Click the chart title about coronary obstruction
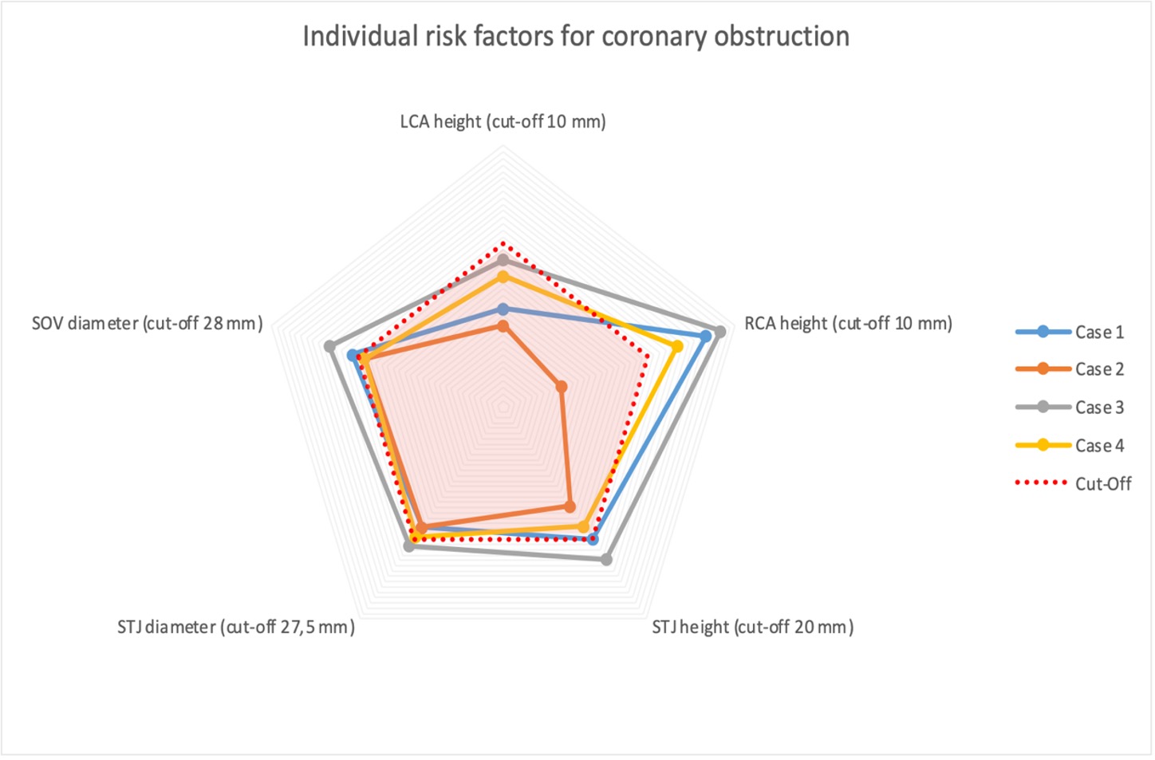click(x=575, y=37)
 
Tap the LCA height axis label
click(x=503, y=122)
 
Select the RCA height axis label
click(x=848, y=324)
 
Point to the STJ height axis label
click(x=752, y=627)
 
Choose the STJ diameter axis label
click(x=236, y=627)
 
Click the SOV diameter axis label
click(x=147, y=324)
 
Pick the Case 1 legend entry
click(x=1070, y=332)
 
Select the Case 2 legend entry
click(x=1070, y=369)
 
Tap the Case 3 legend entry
click(x=1070, y=408)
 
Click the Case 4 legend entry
click(x=1070, y=445)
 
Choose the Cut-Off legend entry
click(x=1073, y=483)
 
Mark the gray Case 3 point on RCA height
click(x=720, y=332)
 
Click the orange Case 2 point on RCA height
click(x=562, y=387)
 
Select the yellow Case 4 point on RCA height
click(x=677, y=347)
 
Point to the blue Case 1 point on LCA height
click(x=503, y=309)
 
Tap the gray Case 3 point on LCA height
click(x=503, y=260)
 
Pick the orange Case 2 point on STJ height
click(x=570, y=506)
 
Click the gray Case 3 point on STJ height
click(x=606, y=560)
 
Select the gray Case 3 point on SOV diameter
click(x=329, y=347)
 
